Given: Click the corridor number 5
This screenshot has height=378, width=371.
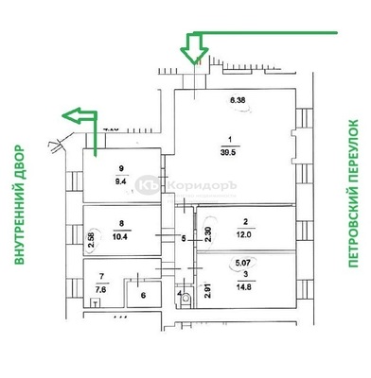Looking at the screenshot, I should (185, 238).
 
